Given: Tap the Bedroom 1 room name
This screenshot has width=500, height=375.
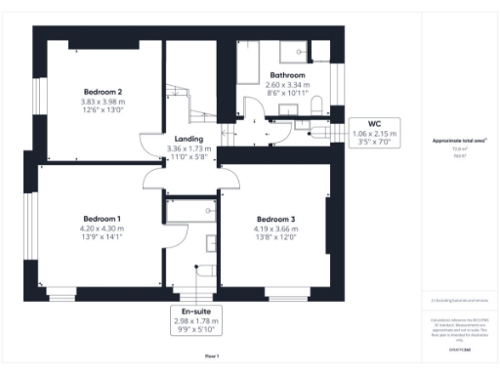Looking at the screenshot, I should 102,218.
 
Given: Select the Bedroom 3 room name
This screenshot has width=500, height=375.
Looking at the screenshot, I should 274,218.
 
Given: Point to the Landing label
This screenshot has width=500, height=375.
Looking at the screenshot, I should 188,139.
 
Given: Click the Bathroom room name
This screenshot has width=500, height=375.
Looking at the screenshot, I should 288,75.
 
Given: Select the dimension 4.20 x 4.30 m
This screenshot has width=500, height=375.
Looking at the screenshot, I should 102,228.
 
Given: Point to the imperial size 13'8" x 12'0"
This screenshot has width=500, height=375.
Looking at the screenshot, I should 274,237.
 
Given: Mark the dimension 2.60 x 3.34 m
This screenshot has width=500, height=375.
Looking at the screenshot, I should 288,85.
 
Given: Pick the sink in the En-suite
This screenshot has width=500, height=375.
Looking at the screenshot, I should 211,241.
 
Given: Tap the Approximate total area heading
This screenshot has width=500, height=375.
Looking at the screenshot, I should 459,141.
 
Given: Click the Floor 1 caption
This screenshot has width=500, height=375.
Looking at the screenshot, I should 212,355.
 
